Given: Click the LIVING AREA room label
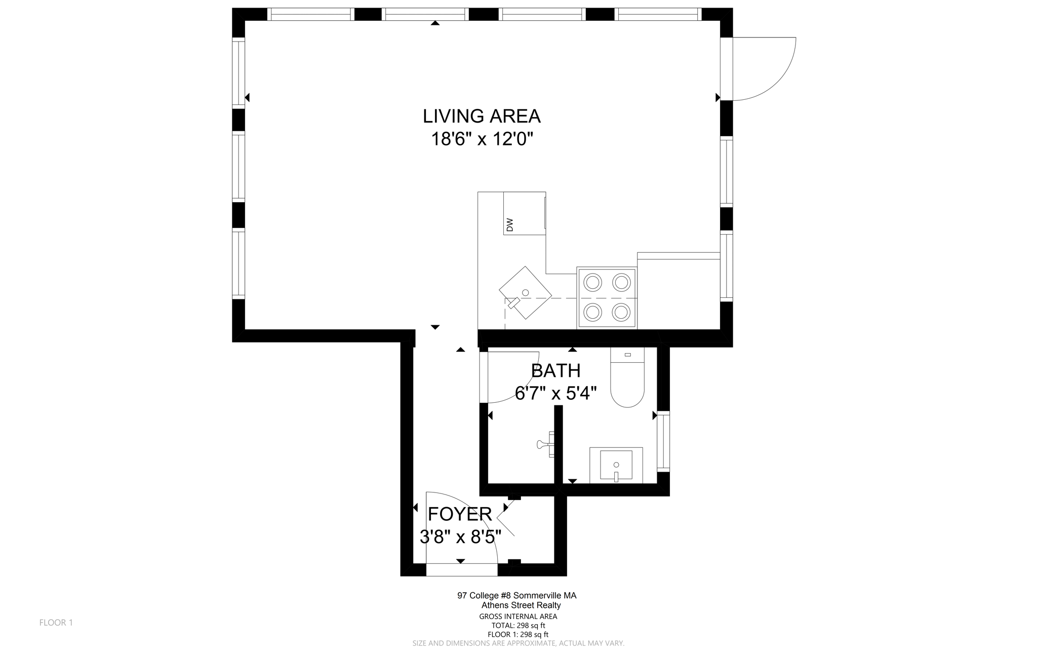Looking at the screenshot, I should pyautogui.click(x=482, y=116).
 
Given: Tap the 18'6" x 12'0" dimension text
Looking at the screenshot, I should pyautogui.click(x=482, y=139).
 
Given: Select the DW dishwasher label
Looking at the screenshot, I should pyautogui.click(x=509, y=224).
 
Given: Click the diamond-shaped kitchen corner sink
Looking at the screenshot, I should pyautogui.click(x=525, y=293).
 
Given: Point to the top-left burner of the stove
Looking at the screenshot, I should pyautogui.click(x=593, y=281).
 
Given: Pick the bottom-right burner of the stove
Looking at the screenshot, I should pyautogui.click(x=621, y=313).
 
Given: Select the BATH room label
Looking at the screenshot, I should pyautogui.click(x=555, y=371).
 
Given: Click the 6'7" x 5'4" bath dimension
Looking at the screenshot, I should pyautogui.click(x=555, y=393).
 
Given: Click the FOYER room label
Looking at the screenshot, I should pyautogui.click(x=460, y=514).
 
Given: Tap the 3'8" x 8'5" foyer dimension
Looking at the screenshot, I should pyautogui.click(x=460, y=537).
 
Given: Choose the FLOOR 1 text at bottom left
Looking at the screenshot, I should pyautogui.click(x=56, y=623).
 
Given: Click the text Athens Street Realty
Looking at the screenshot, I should pyautogui.click(x=521, y=605).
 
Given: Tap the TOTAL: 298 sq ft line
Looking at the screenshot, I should pyautogui.click(x=518, y=626).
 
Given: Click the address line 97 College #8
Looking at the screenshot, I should pyautogui.click(x=516, y=596).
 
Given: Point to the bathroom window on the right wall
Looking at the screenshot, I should pyautogui.click(x=663, y=441).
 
